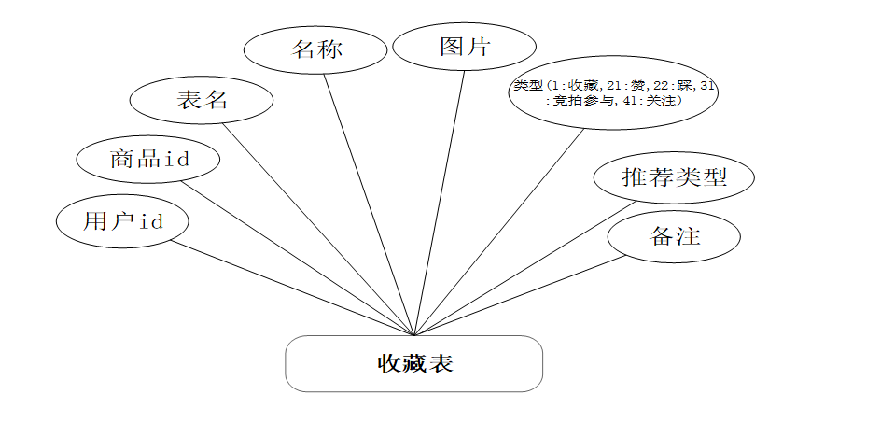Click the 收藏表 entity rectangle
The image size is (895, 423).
(413, 363)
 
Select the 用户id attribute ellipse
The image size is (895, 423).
(122, 221)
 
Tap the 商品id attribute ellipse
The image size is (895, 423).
(148, 158)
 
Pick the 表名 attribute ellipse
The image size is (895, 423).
(202, 100)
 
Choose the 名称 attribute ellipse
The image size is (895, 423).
(315, 49)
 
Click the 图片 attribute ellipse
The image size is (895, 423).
(464, 47)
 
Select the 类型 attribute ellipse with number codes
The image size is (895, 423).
(613, 92)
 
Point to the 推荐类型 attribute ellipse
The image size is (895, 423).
(674, 176)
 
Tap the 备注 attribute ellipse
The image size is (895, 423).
(674, 236)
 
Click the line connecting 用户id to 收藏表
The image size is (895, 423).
(292, 288)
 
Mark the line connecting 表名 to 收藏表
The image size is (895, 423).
(316, 227)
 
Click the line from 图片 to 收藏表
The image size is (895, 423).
(440, 201)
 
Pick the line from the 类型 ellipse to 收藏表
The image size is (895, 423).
(498, 231)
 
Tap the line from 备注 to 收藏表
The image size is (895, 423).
(519, 295)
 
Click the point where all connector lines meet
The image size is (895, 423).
(413, 334)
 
